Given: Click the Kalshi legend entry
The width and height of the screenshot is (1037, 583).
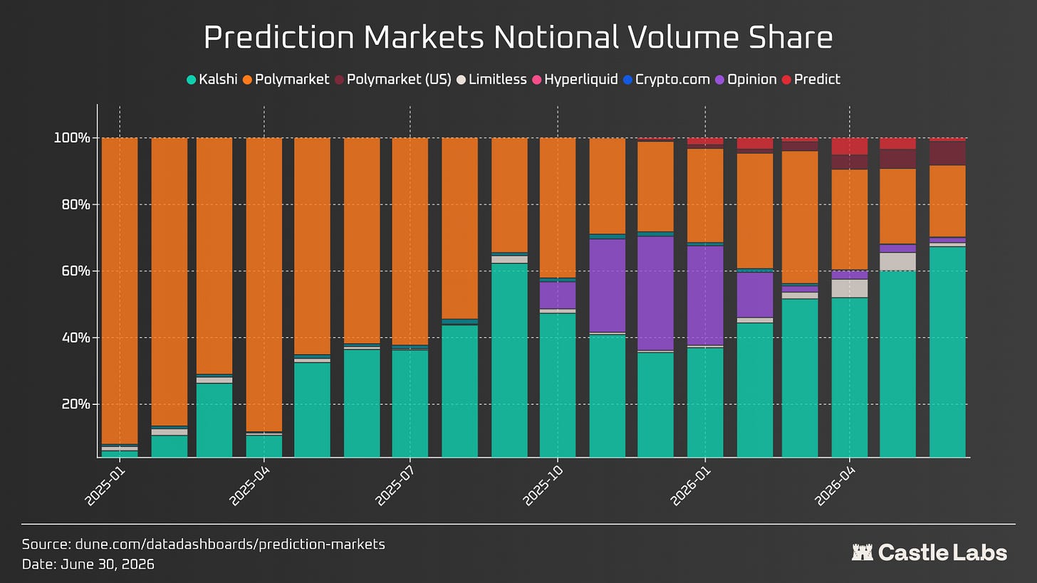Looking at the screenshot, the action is (212, 80).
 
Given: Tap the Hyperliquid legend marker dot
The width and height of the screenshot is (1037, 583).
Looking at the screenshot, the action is (537, 80).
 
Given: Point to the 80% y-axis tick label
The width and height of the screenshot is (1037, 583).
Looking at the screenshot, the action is (76, 204).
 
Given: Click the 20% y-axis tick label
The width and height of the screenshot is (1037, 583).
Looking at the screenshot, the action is (76, 404).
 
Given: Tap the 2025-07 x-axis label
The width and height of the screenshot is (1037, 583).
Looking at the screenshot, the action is (394, 485).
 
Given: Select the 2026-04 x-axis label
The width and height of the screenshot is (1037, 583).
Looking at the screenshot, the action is (834, 485).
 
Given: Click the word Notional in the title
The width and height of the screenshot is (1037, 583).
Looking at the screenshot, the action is (556, 37).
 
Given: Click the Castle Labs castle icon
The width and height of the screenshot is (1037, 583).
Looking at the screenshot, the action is (862, 552).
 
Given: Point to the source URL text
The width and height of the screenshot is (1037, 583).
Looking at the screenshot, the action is (230, 544).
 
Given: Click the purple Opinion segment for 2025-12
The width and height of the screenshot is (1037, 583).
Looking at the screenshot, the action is (655, 293).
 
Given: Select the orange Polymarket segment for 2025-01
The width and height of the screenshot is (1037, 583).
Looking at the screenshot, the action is (120, 290).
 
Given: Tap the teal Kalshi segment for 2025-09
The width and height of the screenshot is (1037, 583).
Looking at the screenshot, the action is (509, 360).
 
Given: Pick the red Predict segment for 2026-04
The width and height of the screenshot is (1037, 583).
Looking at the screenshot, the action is (850, 146).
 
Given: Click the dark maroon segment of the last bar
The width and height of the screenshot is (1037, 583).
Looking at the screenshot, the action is (948, 153).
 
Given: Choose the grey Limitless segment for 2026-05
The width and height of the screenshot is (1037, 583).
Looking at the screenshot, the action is (897, 261).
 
